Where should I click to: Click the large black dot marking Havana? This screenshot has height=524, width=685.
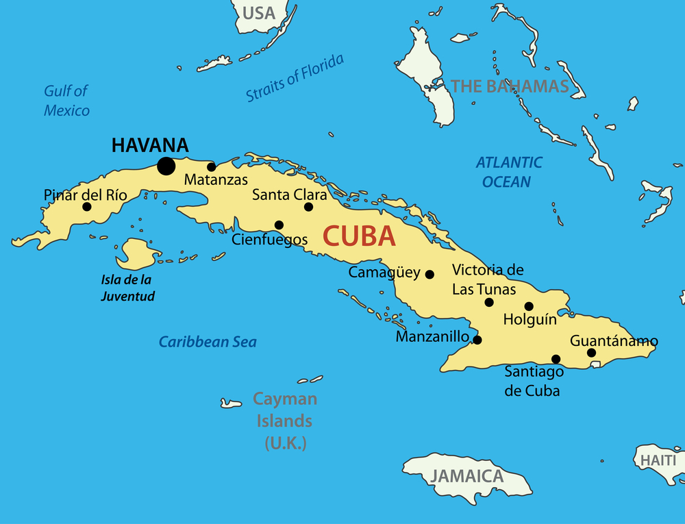165,166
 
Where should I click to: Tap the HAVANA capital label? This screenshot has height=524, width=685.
150,145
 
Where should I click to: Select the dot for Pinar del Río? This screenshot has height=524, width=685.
87,207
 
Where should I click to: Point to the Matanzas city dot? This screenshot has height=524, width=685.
211,166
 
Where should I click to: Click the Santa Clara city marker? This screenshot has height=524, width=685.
308,207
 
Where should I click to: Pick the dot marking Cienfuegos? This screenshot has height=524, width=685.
279,225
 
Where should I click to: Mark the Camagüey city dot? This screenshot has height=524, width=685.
429,275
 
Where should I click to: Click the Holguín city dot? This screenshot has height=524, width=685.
529,306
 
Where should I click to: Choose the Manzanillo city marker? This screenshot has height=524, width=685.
477,340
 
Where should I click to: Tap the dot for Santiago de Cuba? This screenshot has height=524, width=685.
556,359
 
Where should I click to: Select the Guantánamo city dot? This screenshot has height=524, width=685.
592,353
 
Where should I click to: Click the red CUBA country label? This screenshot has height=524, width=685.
359,237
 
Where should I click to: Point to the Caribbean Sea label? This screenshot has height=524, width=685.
208,342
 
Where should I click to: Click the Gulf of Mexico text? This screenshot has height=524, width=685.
66,101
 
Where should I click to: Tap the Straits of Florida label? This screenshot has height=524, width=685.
295,78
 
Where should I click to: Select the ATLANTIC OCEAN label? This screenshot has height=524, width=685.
508,172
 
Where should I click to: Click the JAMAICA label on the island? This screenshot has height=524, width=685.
468,476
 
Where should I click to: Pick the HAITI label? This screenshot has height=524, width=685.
658,460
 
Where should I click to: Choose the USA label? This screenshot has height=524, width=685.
259,13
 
